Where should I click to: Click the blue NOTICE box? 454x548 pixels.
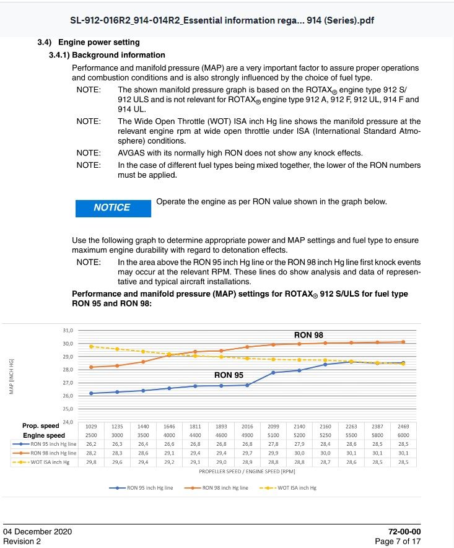pyautogui.click(x=113, y=208)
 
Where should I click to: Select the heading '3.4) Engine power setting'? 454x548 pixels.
pyautogui.click(x=98, y=43)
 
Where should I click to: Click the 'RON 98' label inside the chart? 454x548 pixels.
pyautogui.click(x=308, y=335)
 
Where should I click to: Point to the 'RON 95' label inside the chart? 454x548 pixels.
pyautogui.click(x=229, y=375)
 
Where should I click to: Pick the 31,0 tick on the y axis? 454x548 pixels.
pyautogui.click(x=68, y=330)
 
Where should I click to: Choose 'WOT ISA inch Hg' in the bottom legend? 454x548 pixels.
pyautogui.click(x=295, y=488)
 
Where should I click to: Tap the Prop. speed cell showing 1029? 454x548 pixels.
pyautogui.click(x=92, y=427)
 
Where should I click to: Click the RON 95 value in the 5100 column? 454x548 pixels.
pyautogui.click(x=273, y=445)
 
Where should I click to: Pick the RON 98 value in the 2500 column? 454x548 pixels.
pyautogui.click(x=92, y=453)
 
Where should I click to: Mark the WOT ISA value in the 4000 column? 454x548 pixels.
pyautogui.click(x=169, y=462)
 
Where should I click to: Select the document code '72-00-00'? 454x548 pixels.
pyautogui.click(x=404, y=532)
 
